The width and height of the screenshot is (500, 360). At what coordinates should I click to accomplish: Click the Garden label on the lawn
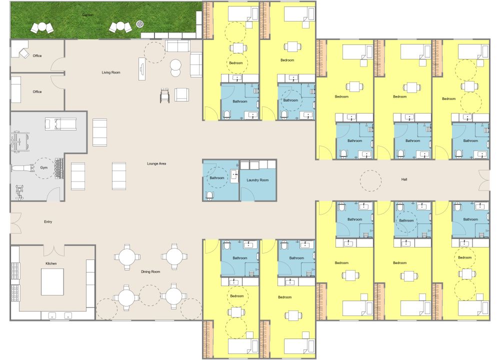coord(87,15)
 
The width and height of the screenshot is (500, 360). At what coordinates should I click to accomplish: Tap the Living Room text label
coord(111,72)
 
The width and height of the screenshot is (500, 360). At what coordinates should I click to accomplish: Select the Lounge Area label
coord(156,163)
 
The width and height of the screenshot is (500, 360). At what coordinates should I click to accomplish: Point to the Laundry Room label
coord(257,180)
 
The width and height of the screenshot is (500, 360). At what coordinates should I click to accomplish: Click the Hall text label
coord(404,179)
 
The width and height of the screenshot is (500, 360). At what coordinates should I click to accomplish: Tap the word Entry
coord(48,221)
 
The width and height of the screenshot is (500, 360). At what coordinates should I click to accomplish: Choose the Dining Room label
coord(150,271)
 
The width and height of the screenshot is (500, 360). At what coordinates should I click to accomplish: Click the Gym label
coord(44,167)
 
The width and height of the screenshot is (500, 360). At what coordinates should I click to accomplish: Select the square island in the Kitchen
coord(52,282)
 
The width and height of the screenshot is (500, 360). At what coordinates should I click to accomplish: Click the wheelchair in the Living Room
coord(165,94)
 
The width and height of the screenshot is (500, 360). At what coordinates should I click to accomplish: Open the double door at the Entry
coord(15,223)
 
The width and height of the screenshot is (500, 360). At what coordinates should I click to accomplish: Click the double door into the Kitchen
coord(53,249)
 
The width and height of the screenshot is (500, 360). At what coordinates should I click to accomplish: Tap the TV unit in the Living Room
coord(141,68)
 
